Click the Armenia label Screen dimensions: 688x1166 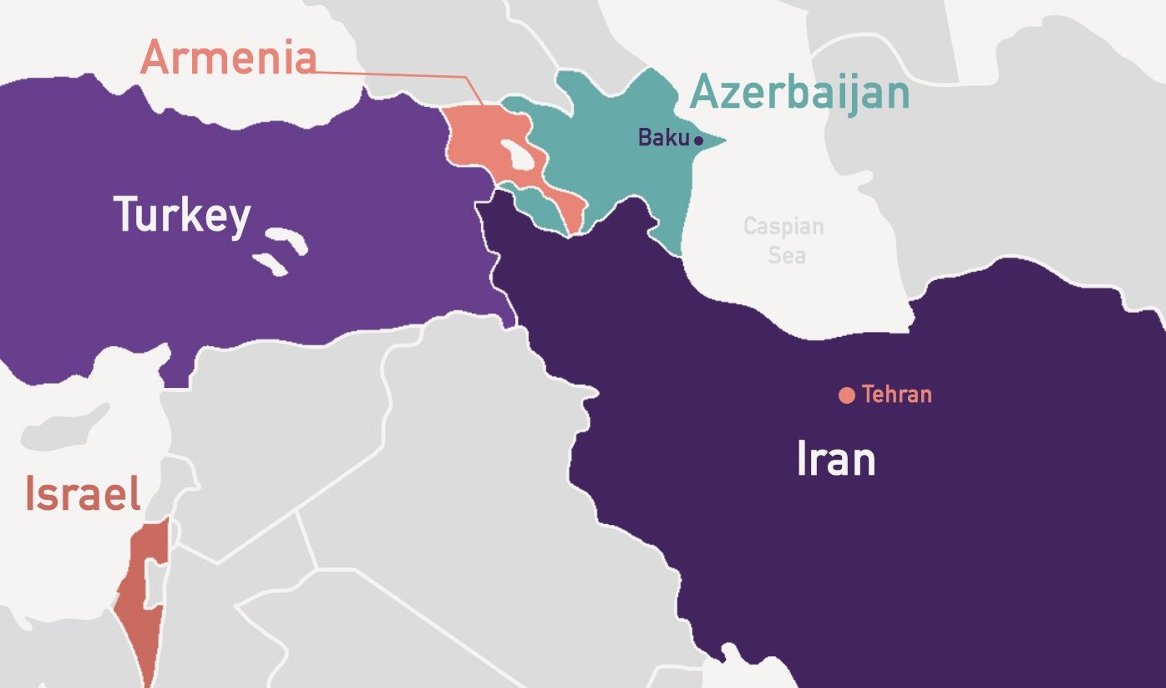pos(228,59)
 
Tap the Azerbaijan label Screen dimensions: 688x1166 pos(799,92)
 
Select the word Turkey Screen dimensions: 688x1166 pos(181,215)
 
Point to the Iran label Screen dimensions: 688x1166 pos(835,459)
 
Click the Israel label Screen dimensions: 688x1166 pos(82,494)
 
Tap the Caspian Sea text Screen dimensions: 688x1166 pos(783,240)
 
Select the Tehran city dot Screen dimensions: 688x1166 pos(846,395)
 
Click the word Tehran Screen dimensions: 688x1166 pos(896,394)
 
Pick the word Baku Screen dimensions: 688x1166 pos(664,138)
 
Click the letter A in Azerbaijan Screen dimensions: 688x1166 pos(706,92)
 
